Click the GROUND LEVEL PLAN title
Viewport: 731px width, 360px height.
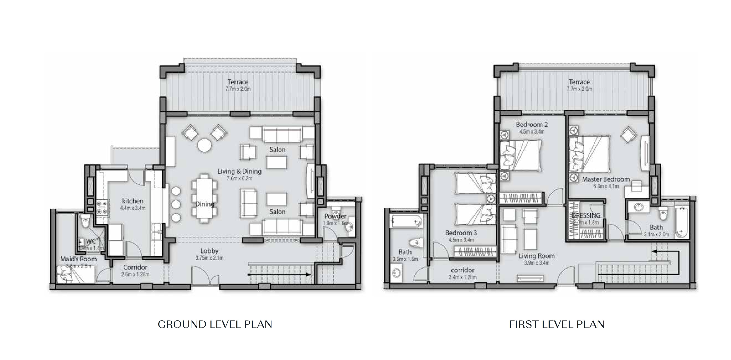tap(215, 324)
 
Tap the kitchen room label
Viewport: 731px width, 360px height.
tap(133, 201)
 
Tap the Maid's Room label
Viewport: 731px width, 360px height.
tap(78, 259)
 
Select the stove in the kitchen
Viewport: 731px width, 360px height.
tap(102, 207)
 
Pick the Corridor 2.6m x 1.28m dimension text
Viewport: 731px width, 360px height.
tap(135, 274)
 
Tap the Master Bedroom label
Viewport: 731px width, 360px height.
tap(606, 179)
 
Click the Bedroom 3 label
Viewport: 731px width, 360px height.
tap(461, 233)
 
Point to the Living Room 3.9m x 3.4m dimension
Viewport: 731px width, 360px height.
tap(536, 263)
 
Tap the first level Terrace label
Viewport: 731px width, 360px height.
tap(579, 82)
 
